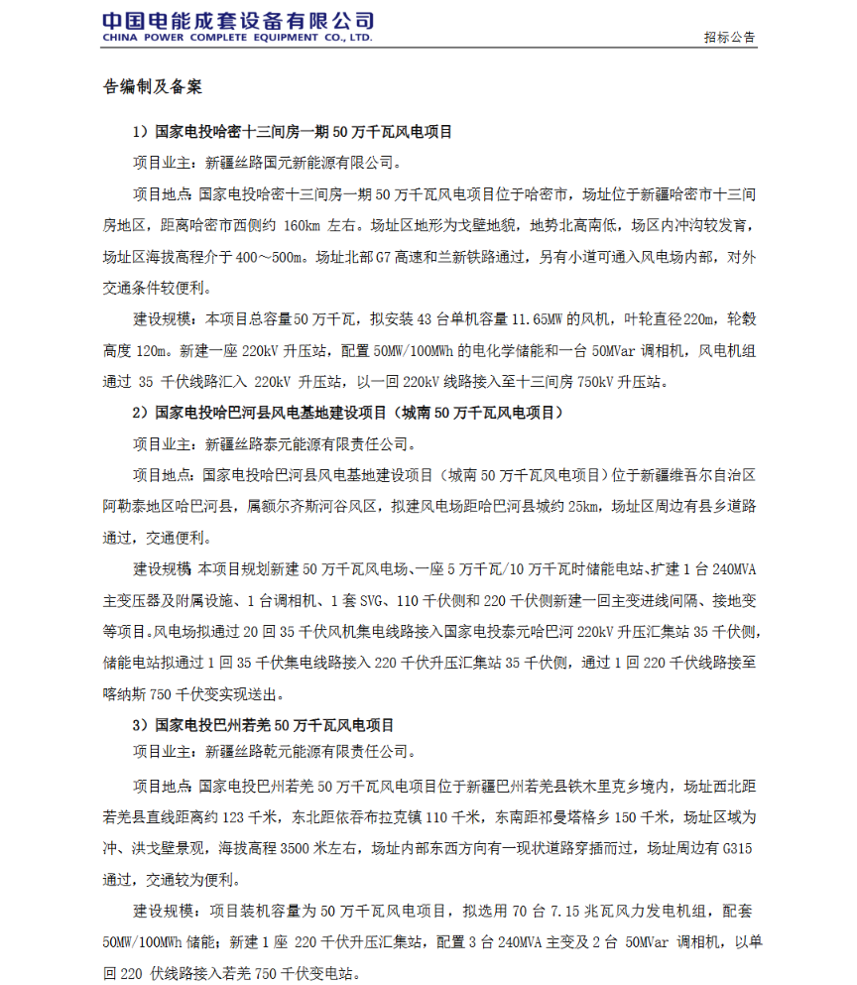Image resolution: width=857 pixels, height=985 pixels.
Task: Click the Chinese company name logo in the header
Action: tap(238, 20)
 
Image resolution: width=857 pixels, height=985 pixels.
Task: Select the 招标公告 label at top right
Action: tap(730, 38)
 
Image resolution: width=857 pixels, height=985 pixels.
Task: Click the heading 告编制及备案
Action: tap(153, 87)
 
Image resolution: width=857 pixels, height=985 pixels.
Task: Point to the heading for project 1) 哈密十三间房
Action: tap(293, 131)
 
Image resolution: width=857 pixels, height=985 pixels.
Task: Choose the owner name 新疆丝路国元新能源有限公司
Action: tap(302, 163)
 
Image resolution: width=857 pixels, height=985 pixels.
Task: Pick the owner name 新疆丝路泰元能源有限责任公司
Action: tap(308, 443)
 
